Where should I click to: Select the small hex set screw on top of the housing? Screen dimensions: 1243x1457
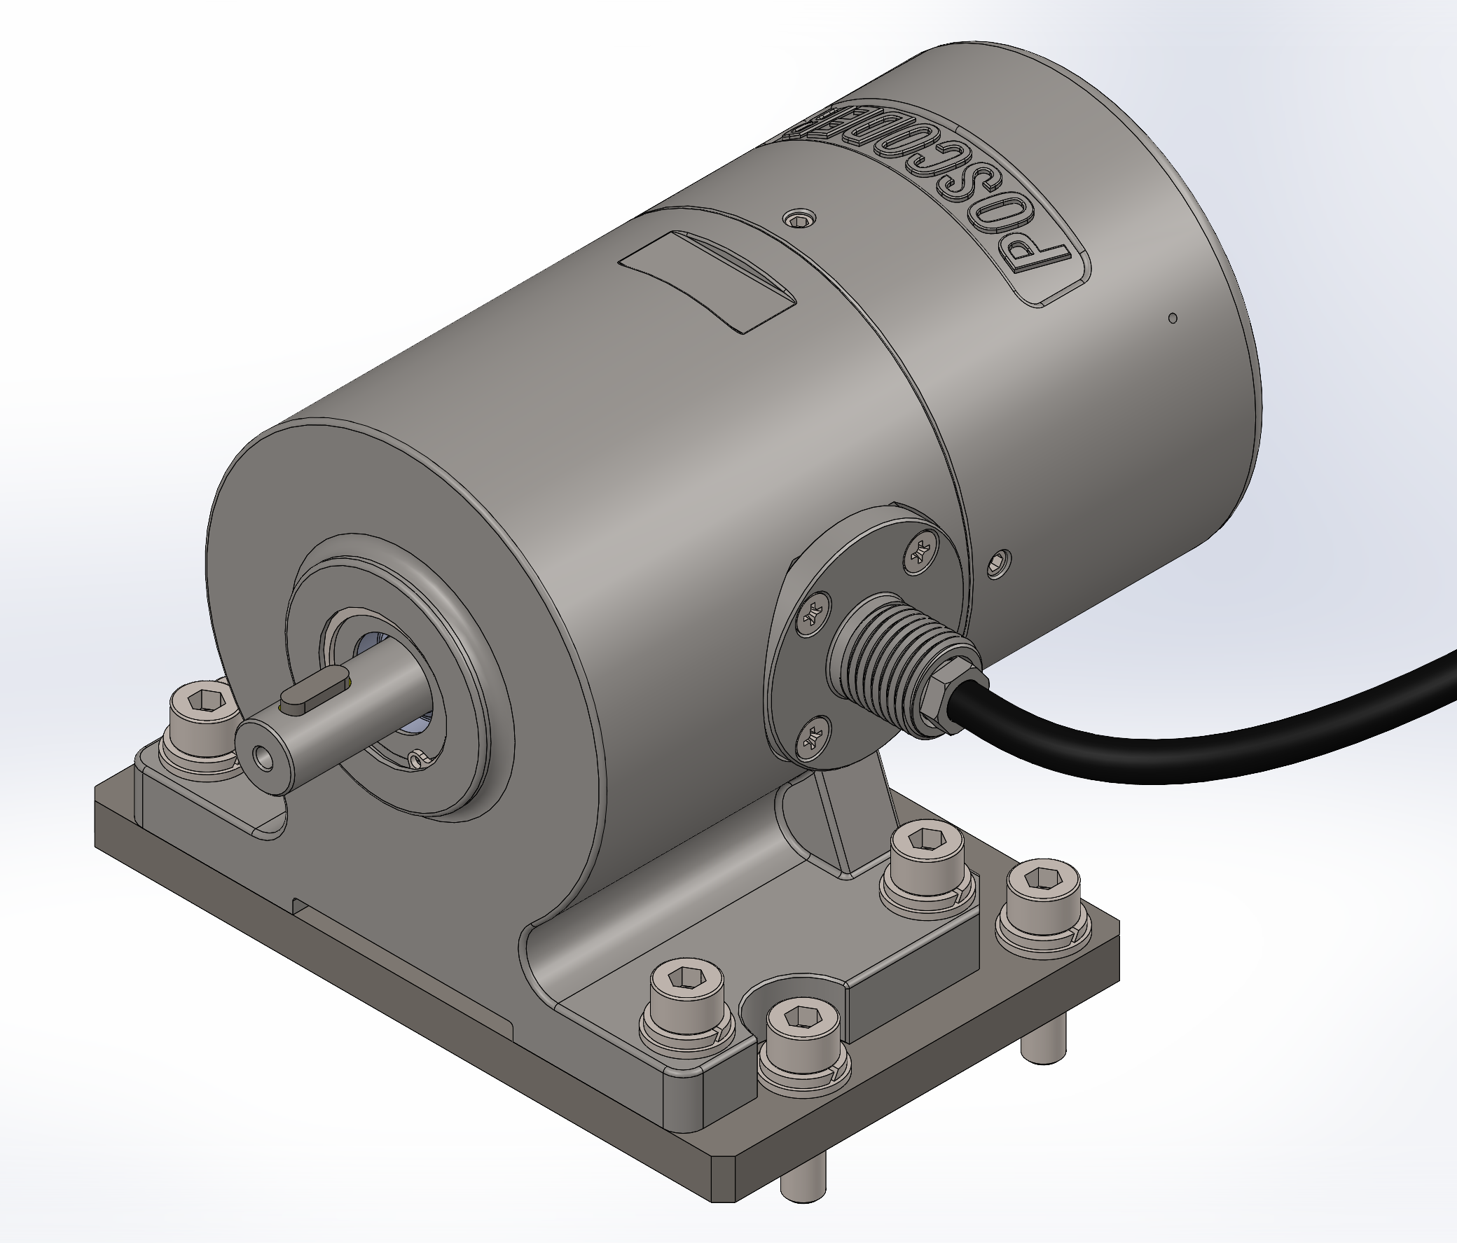799,219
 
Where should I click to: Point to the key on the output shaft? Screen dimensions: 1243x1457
315,691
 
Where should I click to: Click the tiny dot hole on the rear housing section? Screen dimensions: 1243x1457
1172,318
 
